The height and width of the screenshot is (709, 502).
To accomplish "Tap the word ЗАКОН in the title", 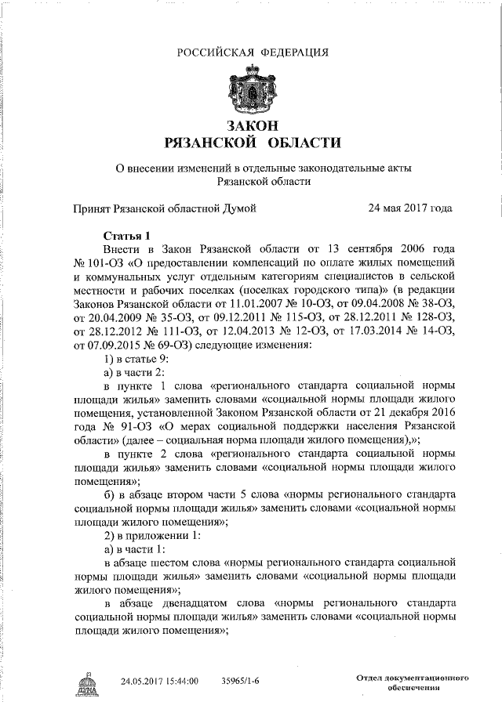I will click(252, 125).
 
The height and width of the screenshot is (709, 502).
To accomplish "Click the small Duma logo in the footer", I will click(85, 684).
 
